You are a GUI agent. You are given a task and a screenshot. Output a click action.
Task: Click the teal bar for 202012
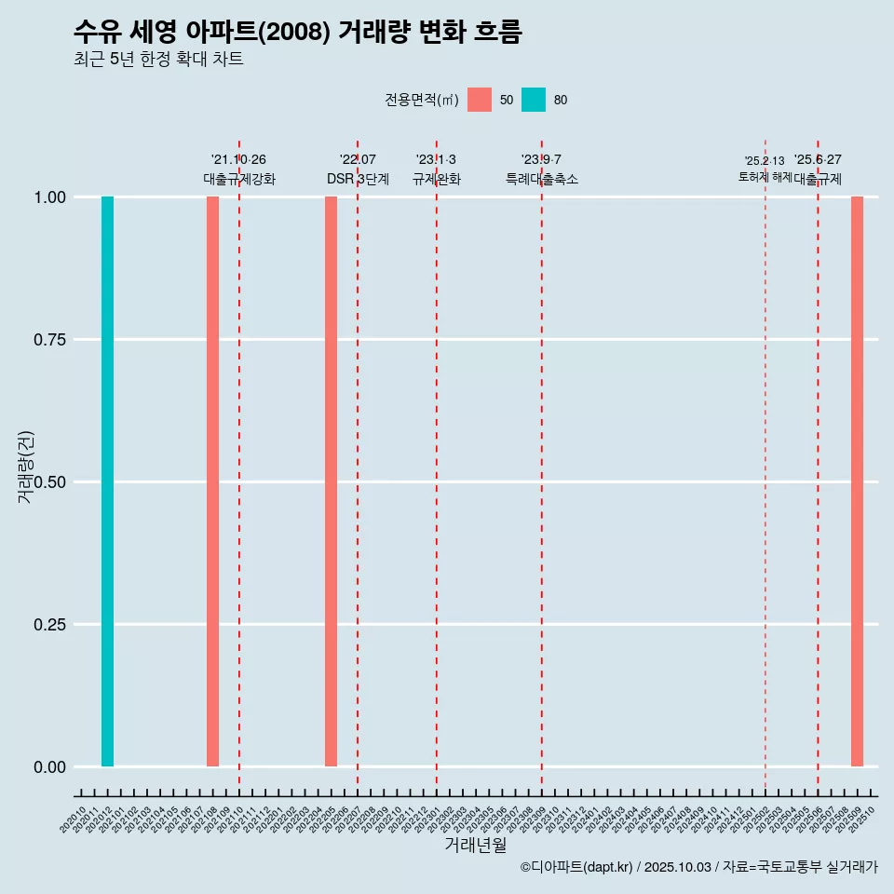[x=107, y=481]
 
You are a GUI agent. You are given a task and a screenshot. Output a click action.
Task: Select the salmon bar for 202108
[x=212, y=481]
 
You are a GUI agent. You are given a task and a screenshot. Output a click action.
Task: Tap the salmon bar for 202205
[x=331, y=481]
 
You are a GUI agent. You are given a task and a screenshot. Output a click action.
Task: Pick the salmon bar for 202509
[x=857, y=481]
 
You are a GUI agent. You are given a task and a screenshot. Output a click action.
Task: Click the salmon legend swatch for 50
[x=480, y=100]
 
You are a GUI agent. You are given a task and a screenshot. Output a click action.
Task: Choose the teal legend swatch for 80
[x=534, y=100]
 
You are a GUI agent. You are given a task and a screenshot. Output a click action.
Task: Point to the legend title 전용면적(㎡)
[x=422, y=100]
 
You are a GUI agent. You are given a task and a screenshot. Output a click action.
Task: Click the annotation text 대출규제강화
[x=239, y=179]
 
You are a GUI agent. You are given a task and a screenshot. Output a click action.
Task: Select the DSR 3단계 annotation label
[x=358, y=179]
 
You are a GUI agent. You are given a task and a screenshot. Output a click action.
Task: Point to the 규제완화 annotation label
[x=437, y=179]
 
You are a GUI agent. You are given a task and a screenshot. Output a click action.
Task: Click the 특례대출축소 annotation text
[x=542, y=179]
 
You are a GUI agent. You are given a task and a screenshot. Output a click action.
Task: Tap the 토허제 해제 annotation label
[x=765, y=176]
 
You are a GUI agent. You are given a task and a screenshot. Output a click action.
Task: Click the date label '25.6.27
[x=818, y=160]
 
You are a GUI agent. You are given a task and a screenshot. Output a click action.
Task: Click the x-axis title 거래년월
[x=475, y=846]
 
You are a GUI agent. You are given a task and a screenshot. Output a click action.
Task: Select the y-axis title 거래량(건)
[x=25, y=467]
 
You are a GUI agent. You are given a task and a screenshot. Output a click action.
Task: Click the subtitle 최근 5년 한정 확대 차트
[x=158, y=60]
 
